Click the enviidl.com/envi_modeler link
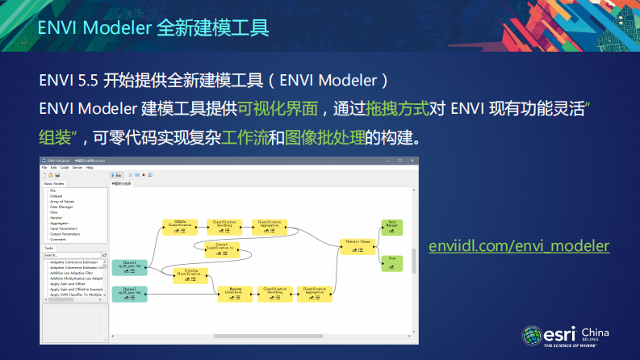(x=519, y=245)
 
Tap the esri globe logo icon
(x=532, y=335)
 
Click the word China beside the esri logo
(x=595, y=333)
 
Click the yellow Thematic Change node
(x=357, y=245)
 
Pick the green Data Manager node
(x=391, y=226)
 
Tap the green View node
(x=391, y=262)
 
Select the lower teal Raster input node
(x=128, y=293)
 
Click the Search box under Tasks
(x=71, y=254)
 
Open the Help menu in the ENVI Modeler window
(x=90, y=167)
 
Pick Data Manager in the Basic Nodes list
(x=61, y=207)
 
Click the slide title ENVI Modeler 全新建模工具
(x=153, y=27)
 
